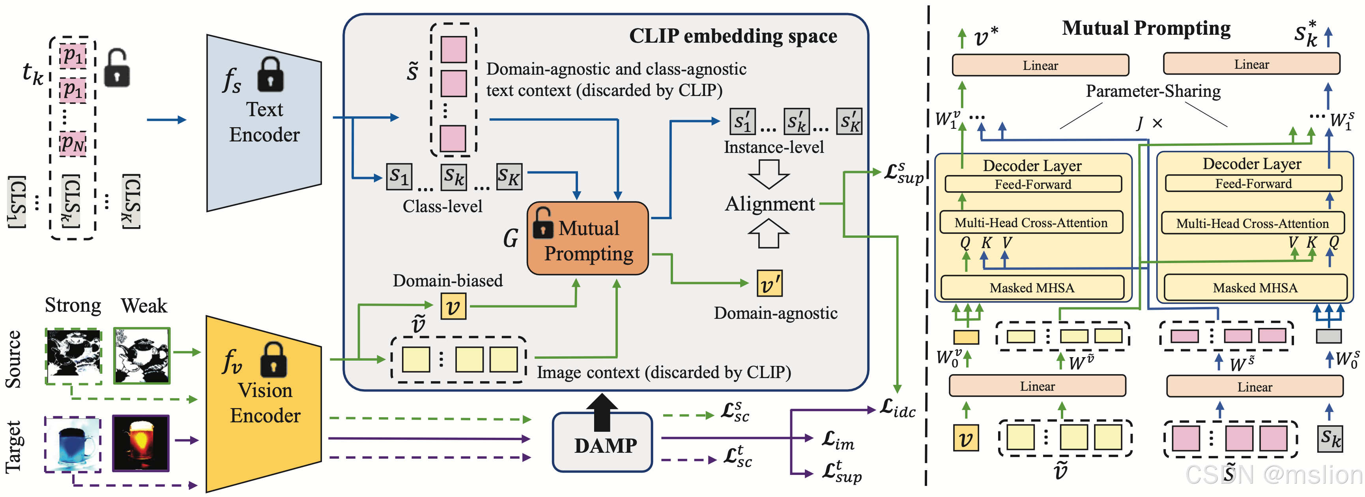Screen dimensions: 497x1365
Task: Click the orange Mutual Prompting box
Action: [588, 239]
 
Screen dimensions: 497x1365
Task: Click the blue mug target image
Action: [73, 443]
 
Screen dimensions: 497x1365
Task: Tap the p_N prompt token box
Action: [73, 143]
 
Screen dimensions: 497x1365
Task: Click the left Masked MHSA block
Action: [1032, 288]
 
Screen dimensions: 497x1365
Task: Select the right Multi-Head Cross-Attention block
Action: [1252, 223]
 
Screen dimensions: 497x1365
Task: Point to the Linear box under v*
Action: [1040, 65]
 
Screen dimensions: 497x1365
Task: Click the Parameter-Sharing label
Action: [1153, 91]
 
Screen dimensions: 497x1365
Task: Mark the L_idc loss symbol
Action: [898, 409]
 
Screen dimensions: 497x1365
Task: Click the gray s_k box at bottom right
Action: [1330, 439]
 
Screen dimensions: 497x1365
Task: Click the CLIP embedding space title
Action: [733, 36]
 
